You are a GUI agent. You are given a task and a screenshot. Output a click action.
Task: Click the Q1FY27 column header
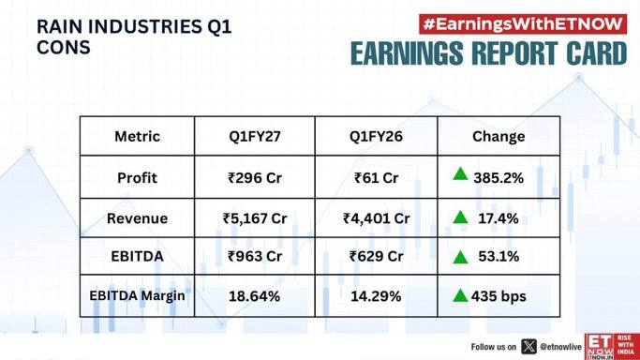(255, 136)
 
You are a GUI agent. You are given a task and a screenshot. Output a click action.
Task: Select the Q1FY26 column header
(376, 136)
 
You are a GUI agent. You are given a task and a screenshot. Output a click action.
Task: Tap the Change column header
(499, 137)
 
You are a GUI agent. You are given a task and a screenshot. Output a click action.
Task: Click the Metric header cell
(137, 136)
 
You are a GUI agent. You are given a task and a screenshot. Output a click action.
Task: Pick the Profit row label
(137, 178)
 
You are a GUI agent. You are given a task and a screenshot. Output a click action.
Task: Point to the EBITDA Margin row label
(137, 296)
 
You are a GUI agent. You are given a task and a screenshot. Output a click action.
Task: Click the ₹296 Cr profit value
(255, 178)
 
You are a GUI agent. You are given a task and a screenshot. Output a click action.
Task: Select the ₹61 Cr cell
(376, 178)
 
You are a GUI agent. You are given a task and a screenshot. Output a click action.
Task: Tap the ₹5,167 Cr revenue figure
(255, 218)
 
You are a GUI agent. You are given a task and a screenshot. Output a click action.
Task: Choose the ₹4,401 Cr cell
(376, 218)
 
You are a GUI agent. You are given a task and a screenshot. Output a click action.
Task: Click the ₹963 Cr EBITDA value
(255, 256)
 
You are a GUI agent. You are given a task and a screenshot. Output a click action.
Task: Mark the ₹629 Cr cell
(376, 256)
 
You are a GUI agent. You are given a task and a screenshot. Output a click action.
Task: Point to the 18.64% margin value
(254, 296)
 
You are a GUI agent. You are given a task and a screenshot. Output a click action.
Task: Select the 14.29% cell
(376, 296)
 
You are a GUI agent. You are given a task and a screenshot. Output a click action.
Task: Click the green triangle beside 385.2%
(460, 173)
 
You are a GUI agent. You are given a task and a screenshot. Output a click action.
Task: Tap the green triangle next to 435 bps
(460, 295)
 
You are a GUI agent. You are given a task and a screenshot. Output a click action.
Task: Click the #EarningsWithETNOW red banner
(523, 24)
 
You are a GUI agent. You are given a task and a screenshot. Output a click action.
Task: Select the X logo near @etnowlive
(528, 347)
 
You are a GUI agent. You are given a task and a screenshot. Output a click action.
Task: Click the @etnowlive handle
(560, 347)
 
